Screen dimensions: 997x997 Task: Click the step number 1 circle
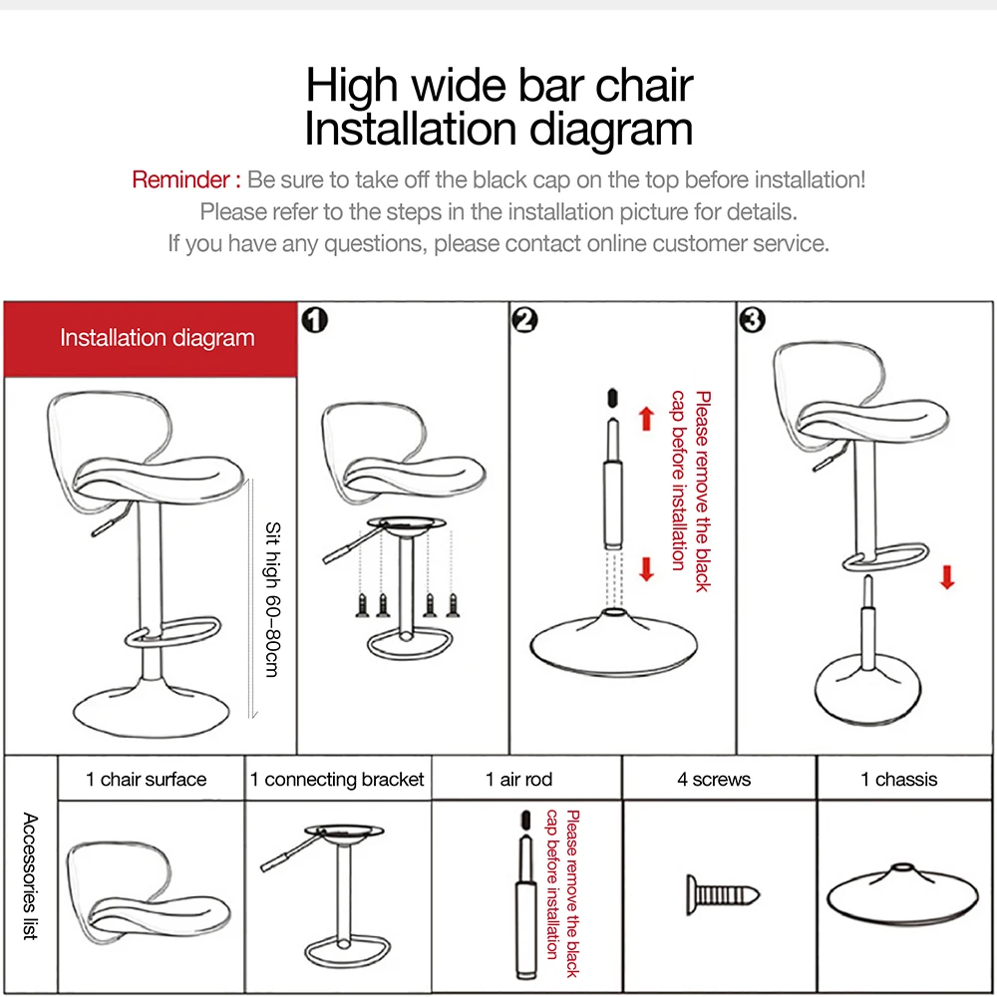(315, 320)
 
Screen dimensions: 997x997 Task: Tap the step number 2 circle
(524, 320)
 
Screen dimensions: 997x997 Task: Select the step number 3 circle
(752, 320)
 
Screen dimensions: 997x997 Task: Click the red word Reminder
(186, 180)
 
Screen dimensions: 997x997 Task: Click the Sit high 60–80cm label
(271, 599)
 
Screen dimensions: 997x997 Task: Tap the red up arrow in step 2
(646, 418)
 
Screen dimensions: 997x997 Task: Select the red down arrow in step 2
(646, 568)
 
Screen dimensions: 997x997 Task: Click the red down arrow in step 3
(947, 577)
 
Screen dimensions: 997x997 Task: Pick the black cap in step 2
(612, 396)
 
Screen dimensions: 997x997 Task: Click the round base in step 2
(612, 643)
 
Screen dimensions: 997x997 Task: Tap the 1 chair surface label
(147, 780)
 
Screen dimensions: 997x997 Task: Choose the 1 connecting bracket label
(337, 780)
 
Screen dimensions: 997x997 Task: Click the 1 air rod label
(518, 780)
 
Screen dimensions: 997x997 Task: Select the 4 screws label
(714, 780)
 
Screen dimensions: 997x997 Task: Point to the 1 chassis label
(898, 780)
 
